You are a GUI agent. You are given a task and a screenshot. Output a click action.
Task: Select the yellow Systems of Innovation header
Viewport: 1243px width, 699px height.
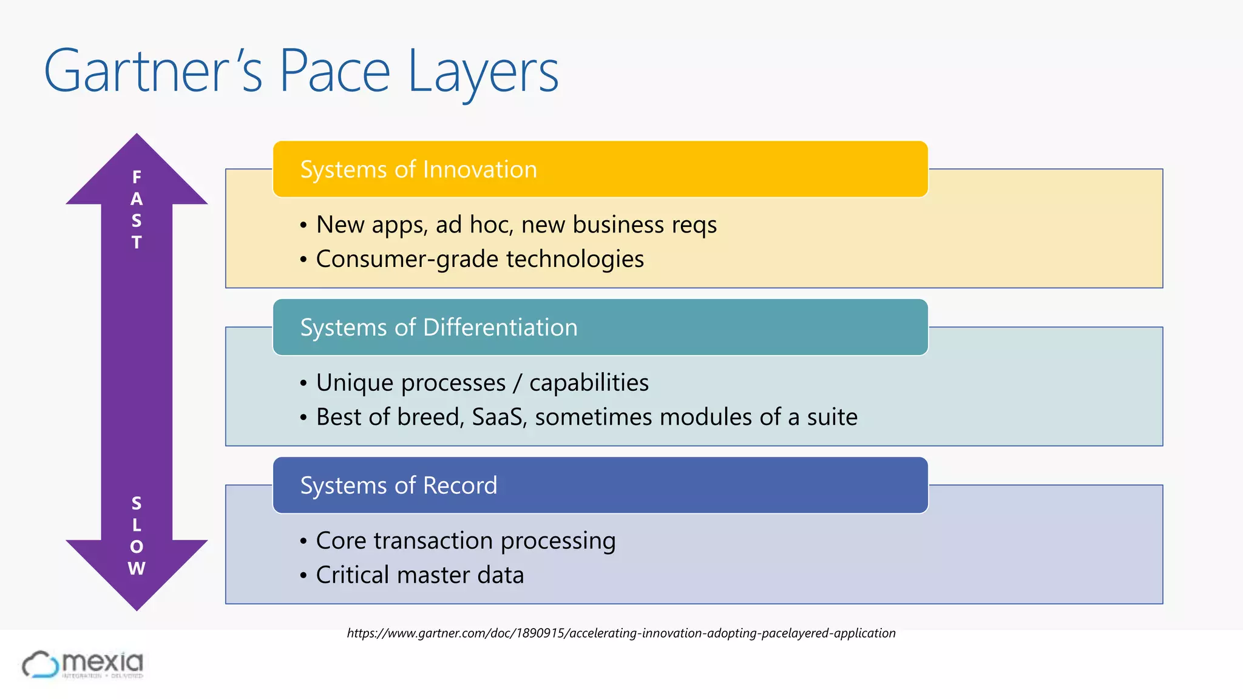coord(600,169)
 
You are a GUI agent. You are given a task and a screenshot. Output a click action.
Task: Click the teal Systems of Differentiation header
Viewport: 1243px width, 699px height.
coord(600,328)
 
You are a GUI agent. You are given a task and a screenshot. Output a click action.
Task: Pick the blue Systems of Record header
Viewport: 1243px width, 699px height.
coord(600,485)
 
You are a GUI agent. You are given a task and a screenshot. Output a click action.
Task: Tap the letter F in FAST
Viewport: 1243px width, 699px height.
coord(137,177)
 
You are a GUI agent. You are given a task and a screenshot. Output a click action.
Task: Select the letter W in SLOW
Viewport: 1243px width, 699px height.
coord(137,569)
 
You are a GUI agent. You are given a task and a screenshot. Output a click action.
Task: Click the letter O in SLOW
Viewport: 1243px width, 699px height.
coord(137,547)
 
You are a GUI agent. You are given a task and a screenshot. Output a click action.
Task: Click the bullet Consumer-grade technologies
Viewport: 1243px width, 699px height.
coord(479,259)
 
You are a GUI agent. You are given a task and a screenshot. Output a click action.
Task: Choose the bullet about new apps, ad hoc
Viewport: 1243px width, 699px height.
coord(516,225)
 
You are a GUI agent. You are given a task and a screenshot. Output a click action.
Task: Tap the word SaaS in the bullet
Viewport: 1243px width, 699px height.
coord(499,417)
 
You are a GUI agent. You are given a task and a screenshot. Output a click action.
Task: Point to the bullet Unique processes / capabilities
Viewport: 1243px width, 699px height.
coord(482,383)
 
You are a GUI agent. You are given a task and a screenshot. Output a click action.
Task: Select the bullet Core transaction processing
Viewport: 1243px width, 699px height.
coord(466,541)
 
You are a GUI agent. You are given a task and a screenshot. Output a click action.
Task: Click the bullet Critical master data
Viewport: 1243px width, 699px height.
coord(419,575)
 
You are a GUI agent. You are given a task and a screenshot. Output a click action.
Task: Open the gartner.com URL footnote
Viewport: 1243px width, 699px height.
coord(621,633)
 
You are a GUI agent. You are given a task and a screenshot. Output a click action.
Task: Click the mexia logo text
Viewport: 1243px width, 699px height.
coord(103,663)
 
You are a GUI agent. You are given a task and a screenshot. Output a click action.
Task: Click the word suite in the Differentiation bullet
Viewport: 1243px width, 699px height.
coord(832,417)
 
